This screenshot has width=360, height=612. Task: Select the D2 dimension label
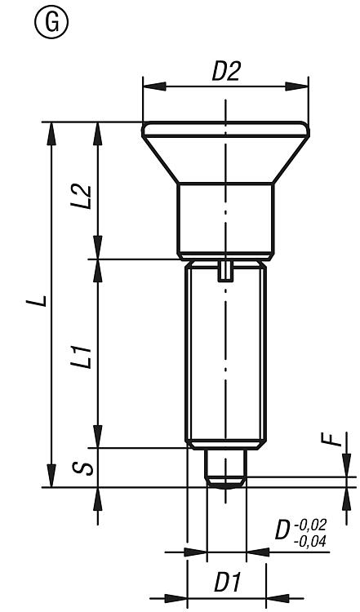(226, 71)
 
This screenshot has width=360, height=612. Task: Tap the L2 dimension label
(83, 197)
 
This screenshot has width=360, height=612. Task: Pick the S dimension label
(83, 468)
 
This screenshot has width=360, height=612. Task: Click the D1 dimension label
(228, 583)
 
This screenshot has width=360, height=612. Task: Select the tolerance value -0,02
(310, 525)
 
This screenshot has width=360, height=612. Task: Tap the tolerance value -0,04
(310, 542)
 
